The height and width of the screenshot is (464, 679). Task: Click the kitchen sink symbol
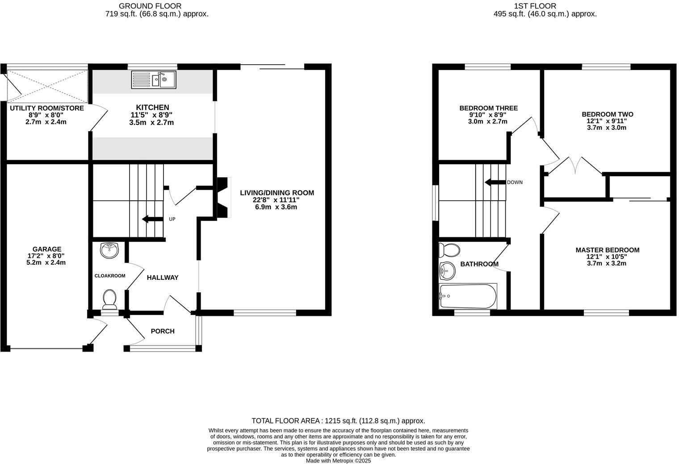click(x=154, y=80)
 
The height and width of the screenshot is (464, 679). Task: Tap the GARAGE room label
click(x=47, y=249)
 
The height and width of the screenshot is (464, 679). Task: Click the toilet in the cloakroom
click(x=109, y=299)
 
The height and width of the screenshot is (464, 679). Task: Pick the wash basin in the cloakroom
click(x=109, y=251)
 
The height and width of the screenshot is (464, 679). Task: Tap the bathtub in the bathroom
click(x=468, y=296)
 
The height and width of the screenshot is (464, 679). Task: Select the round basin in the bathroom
click(x=447, y=270)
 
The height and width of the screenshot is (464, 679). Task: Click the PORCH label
click(x=163, y=331)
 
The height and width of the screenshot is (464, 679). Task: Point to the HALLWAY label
click(x=163, y=278)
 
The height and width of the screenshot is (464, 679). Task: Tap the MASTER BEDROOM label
click(x=607, y=250)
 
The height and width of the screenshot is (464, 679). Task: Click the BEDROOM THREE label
click(x=488, y=108)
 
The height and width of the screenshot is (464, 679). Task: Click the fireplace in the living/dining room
click(x=223, y=198)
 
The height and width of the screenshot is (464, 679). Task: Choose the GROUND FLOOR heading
click(x=150, y=6)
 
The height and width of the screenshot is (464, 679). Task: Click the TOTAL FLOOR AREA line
click(x=338, y=421)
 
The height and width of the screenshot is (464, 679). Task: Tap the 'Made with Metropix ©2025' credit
click(x=338, y=461)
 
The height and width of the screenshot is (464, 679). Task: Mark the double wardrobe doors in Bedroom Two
click(x=576, y=166)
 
